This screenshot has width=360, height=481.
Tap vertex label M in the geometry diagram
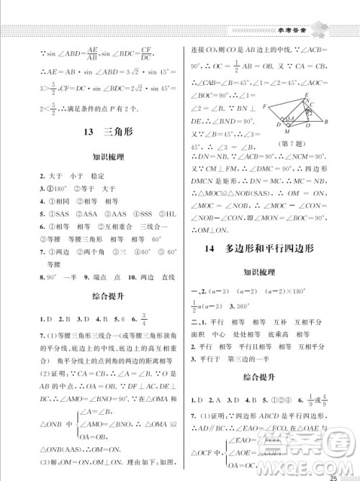289,132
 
